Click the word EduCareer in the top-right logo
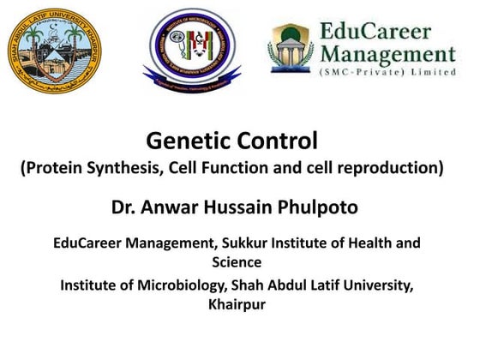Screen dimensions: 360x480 pos(381,31)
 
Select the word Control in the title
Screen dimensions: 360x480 pos(275,139)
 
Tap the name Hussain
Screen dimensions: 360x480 pos(242,207)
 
